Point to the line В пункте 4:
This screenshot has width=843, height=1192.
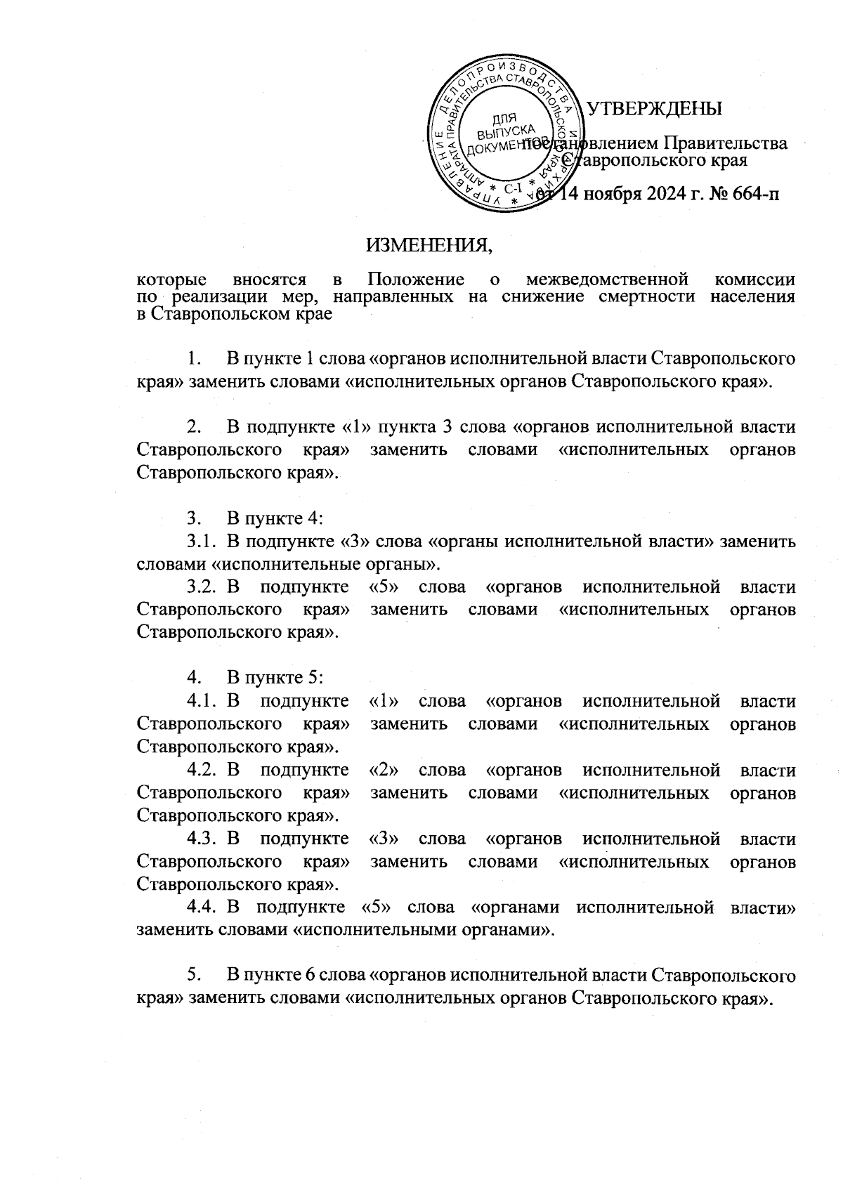(274, 518)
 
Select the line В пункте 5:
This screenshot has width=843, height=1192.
(274, 679)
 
